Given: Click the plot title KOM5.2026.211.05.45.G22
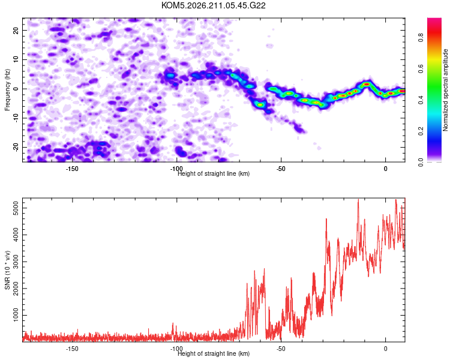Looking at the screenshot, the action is pos(213,5).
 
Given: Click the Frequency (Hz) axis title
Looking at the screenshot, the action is pos(7,90).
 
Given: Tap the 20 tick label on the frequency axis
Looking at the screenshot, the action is pos(16,30).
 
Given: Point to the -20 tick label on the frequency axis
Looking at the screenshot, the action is pos(16,148).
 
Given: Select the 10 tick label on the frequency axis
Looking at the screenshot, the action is pos(16,59).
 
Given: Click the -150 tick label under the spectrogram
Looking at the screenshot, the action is pos(72,169).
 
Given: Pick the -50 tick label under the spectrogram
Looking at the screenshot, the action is pos(281,169).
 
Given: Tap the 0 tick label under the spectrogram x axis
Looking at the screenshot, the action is pos(385,169).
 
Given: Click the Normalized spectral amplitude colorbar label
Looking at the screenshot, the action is pos(445,90).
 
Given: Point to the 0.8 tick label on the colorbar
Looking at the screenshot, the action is pos(421,37).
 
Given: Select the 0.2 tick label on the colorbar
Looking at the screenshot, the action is pos(421,131).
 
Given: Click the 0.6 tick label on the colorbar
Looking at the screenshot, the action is pos(421,68).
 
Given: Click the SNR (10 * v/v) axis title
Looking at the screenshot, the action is pos(7,270).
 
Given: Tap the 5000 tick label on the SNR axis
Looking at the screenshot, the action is pos(16,208).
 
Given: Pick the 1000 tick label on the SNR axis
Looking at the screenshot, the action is pos(16,315).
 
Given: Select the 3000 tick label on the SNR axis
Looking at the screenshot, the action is pos(16,262).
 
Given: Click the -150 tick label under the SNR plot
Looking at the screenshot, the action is pos(72,349).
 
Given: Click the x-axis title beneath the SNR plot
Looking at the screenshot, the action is pos(214,353).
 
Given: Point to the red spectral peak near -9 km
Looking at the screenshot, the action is pos(367,84).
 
